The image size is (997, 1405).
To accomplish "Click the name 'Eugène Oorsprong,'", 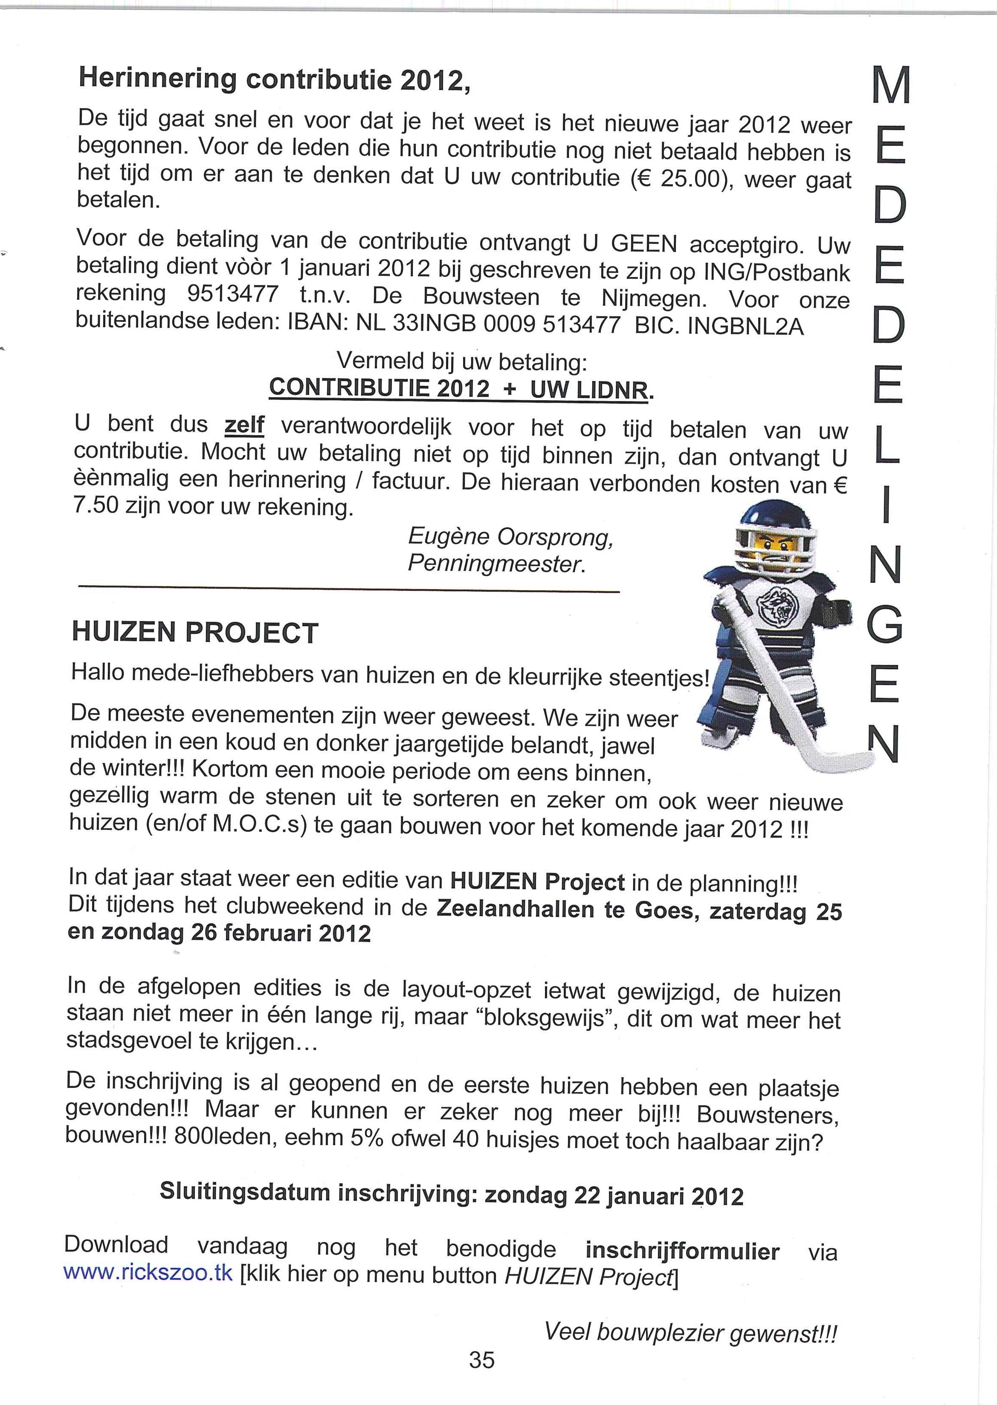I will [511, 538].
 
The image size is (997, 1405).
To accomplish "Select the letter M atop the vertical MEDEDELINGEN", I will [887, 87].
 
